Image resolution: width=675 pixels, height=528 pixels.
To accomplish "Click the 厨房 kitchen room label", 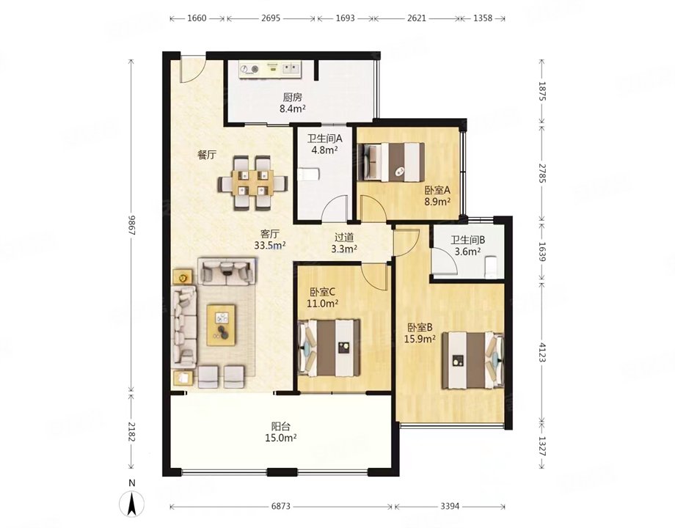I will [x=292, y=96].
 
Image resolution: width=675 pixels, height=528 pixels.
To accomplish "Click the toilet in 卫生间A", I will [x=309, y=174].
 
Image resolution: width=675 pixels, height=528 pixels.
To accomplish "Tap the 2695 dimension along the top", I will [x=271, y=17].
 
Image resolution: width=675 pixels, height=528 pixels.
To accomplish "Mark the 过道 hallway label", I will [x=344, y=237].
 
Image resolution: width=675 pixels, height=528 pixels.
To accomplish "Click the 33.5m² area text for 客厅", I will [x=269, y=246].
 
